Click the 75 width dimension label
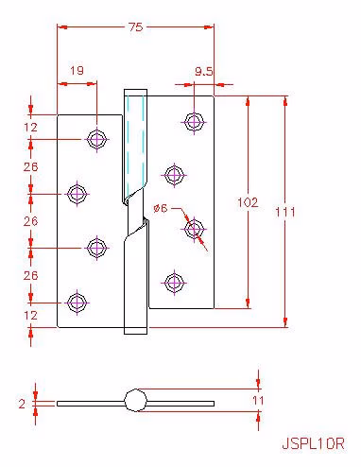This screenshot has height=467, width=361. tap(136, 27)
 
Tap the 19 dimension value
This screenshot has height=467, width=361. tap(77, 70)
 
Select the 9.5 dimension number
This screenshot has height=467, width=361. tap(203, 72)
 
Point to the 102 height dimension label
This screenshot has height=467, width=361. tap(248, 202)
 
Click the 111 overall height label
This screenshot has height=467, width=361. tap(285, 212)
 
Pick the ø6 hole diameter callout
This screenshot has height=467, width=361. tap(161, 208)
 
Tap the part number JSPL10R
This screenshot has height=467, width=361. tap(313, 444)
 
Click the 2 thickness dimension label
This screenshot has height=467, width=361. tap(22, 404)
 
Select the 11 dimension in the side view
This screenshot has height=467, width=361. tap(258, 401)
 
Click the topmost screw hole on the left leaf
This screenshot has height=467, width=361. tap(97, 139)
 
